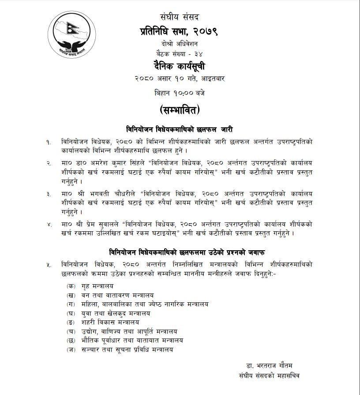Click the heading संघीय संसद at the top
180,18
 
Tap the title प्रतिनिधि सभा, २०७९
180,31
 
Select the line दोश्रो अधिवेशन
180,44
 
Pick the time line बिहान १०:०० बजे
180,93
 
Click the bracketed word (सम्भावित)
180,109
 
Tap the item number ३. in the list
49,194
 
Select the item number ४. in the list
49,225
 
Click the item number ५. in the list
49,265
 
